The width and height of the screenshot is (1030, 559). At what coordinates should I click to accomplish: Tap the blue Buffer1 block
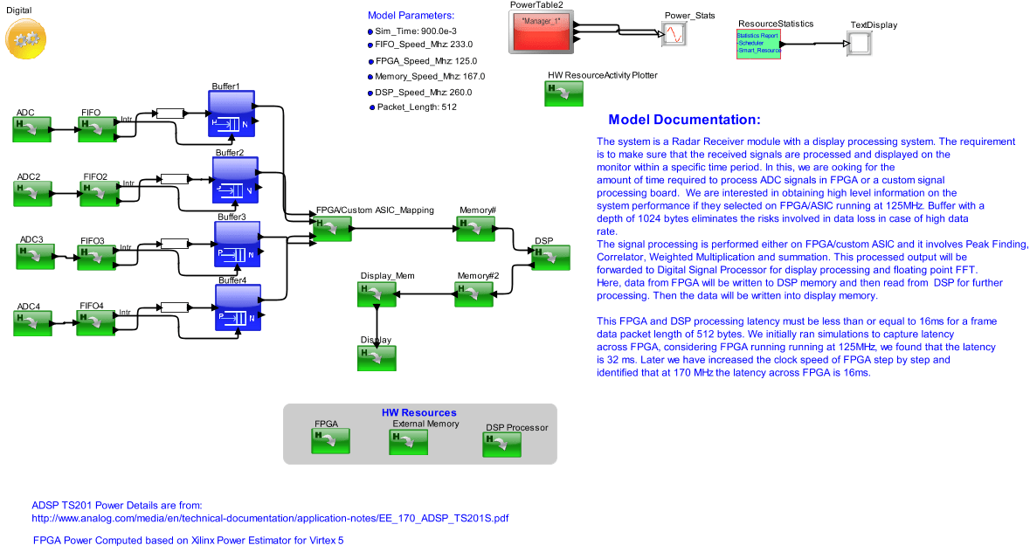point(232,114)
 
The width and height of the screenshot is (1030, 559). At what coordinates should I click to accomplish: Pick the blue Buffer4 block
point(238,308)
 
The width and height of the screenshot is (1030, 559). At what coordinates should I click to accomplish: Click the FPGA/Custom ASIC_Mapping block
point(333,229)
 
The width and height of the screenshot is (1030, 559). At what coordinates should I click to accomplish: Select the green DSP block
point(550,258)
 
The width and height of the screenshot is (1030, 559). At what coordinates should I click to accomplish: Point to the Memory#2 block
point(474,294)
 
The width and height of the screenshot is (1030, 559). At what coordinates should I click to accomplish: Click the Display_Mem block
point(377,294)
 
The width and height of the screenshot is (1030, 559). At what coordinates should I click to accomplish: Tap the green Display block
point(377,358)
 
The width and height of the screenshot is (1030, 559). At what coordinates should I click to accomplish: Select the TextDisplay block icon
point(858,44)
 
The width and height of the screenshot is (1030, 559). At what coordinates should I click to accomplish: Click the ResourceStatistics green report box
point(758,44)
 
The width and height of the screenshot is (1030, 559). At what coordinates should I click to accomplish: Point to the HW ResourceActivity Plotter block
point(563,93)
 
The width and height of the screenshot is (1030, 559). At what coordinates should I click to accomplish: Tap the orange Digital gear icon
point(26,39)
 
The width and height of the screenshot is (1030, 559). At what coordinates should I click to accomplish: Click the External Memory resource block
point(408,442)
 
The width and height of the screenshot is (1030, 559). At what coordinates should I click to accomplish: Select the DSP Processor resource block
point(501,445)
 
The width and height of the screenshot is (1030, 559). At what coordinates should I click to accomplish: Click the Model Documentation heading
point(684,120)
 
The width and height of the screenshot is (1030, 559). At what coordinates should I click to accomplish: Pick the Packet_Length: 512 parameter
point(417,107)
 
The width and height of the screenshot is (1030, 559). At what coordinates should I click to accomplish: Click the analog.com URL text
point(270,518)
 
